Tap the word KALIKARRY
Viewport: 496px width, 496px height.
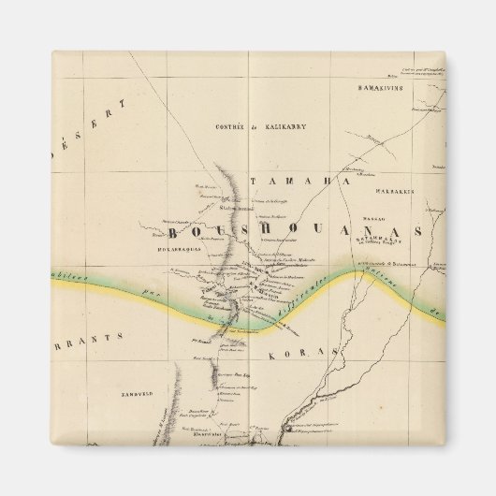(281, 124)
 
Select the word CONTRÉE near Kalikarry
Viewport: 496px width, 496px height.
(230, 124)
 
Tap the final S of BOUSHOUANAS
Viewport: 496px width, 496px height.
(417, 231)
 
